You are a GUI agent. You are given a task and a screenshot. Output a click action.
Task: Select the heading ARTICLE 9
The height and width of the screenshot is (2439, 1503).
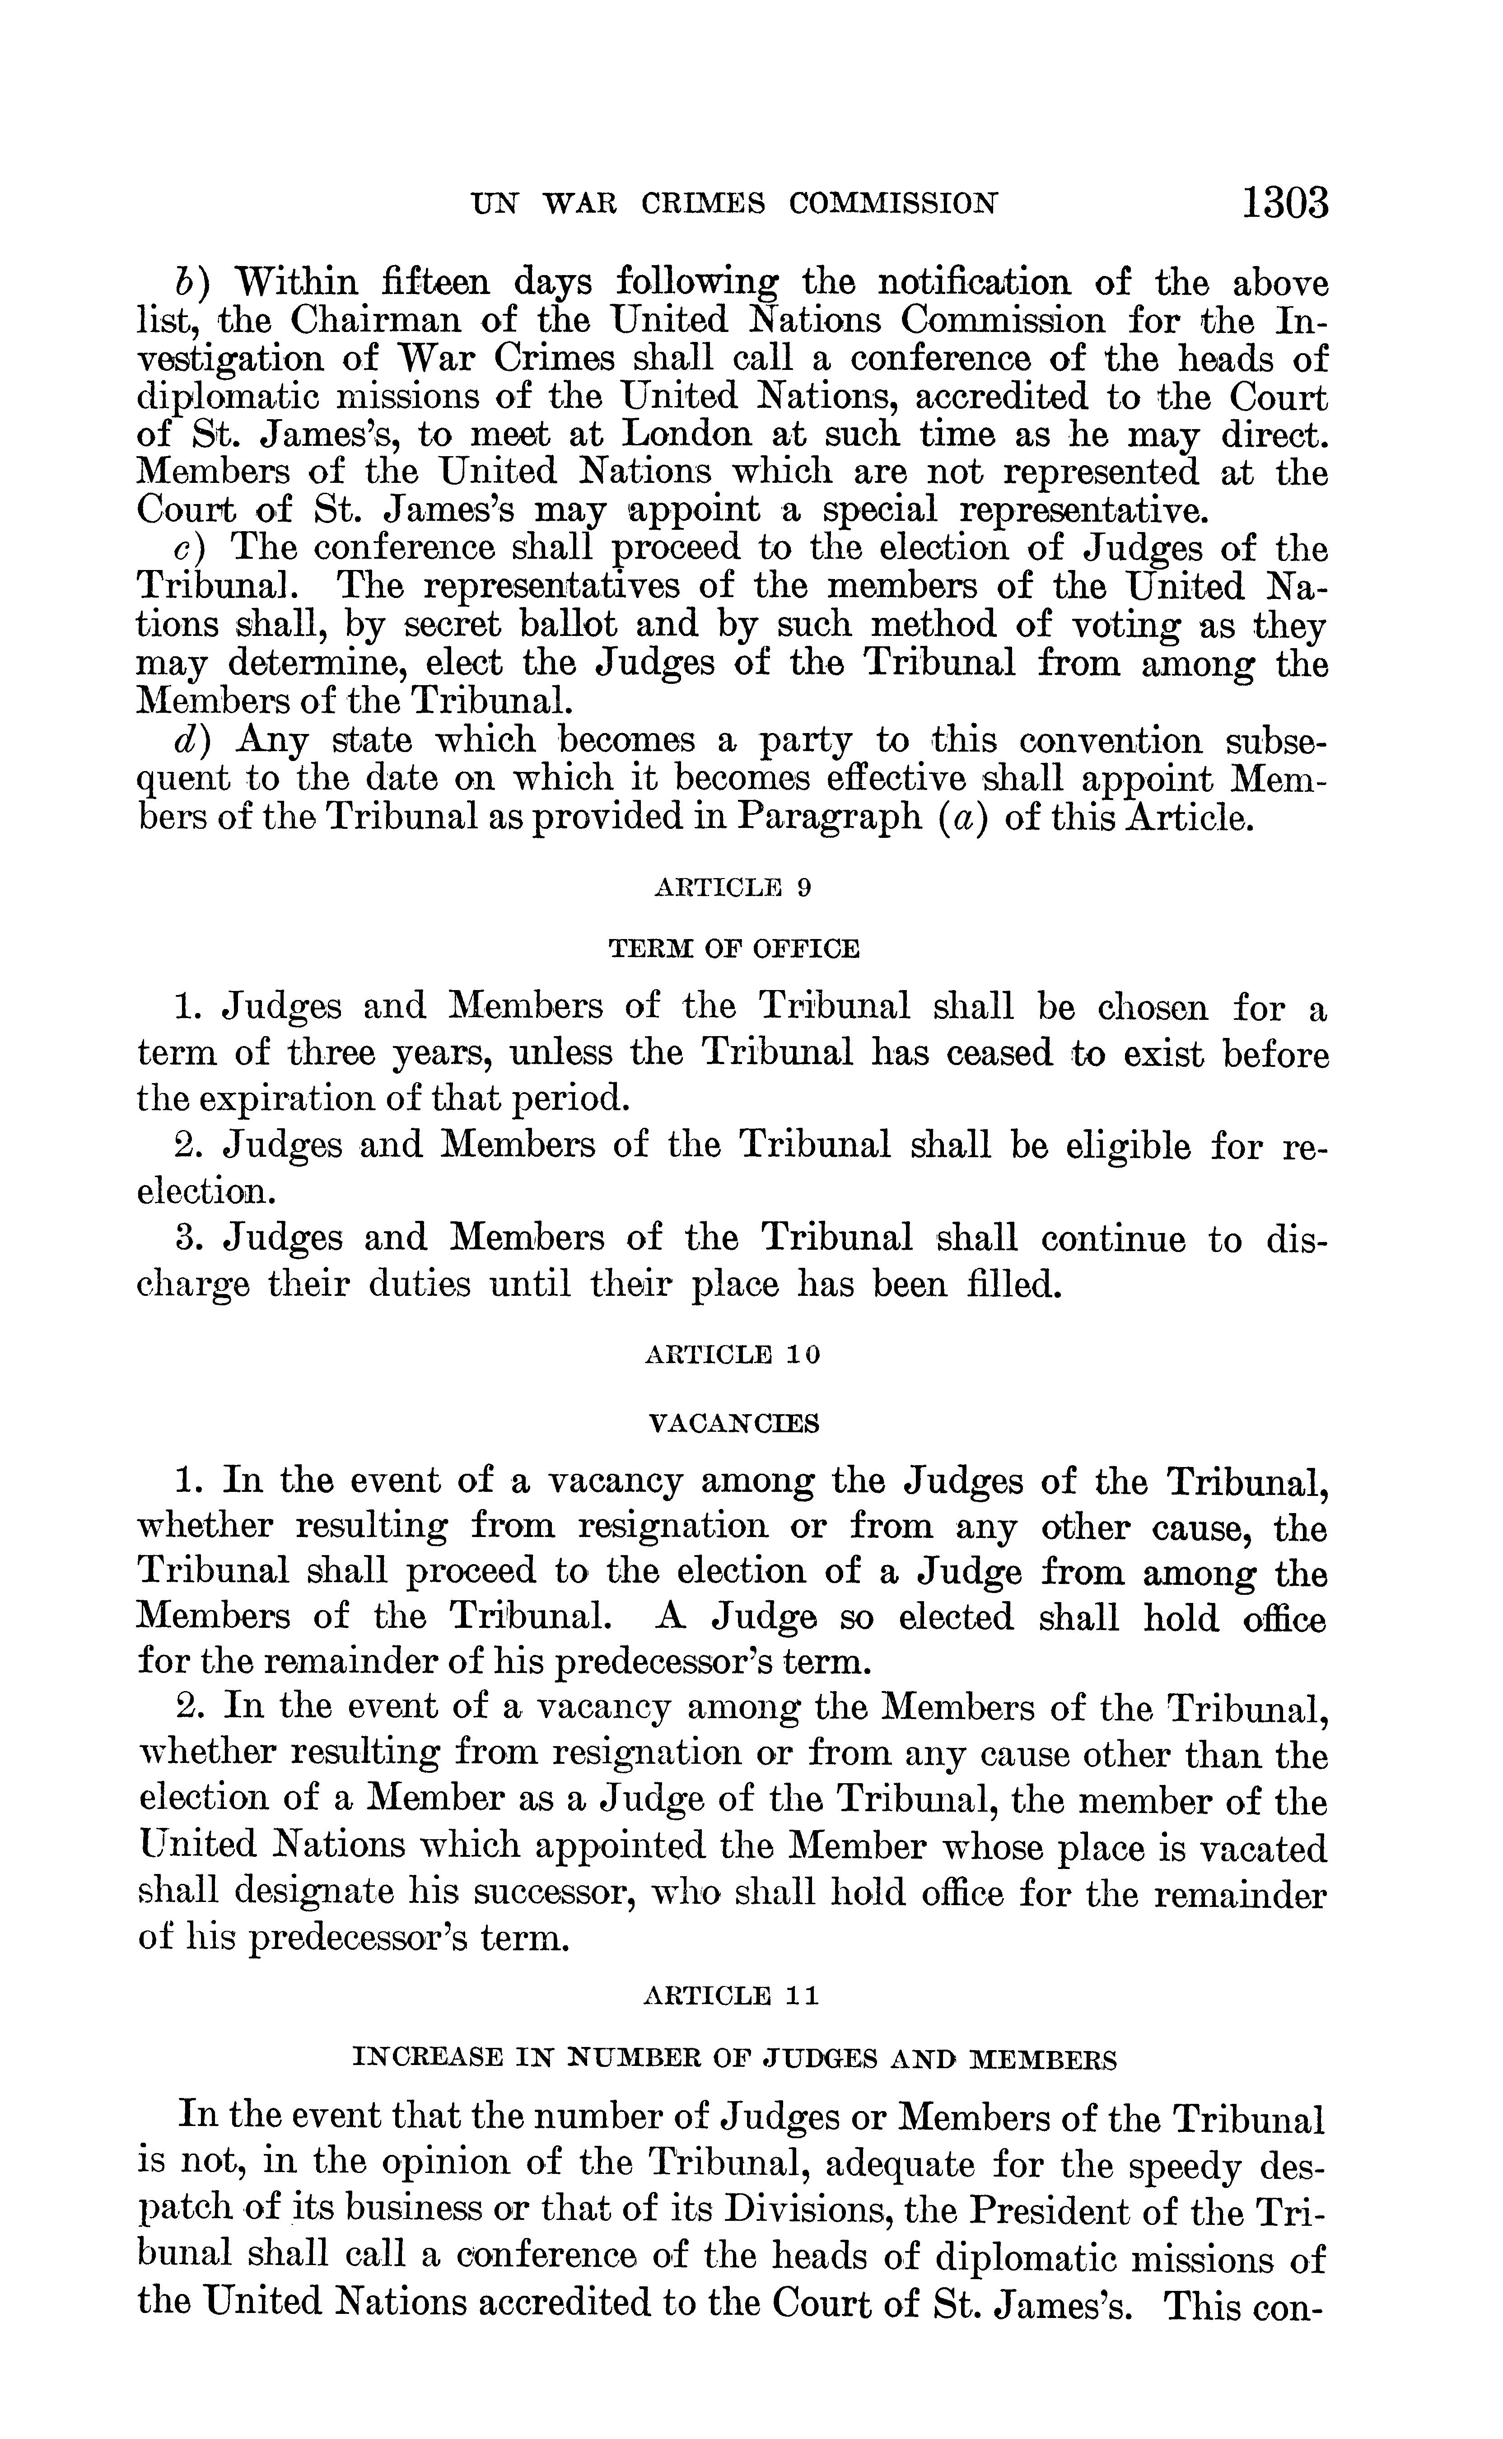point(733,888)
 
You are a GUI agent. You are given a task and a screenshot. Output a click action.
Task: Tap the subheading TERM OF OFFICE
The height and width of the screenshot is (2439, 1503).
point(733,949)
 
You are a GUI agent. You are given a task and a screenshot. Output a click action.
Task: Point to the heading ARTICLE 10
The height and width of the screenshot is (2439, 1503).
point(733,1355)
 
